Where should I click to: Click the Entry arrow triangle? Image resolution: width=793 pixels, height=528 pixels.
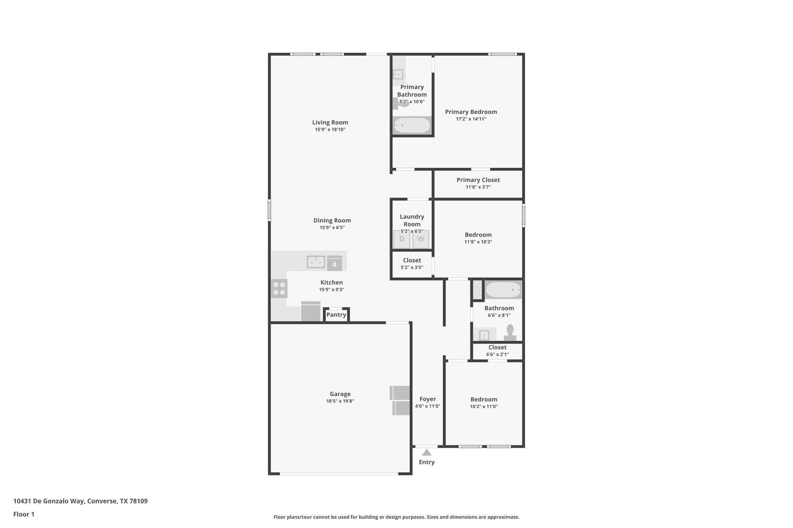click(426, 453)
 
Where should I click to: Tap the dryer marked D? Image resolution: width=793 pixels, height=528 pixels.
click(402, 239)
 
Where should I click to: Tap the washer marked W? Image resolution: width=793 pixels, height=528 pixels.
click(421, 239)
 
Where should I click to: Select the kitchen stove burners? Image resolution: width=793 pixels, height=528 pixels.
click(279, 289)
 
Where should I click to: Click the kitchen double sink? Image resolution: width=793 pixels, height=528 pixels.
click(316, 262)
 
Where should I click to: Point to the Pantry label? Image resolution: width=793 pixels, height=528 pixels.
click(336, 315)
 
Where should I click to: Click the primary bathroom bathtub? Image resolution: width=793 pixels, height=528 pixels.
click(412, 125)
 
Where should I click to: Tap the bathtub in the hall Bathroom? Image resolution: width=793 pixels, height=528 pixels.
click(503, 290)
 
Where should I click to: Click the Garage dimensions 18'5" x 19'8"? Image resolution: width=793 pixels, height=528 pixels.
click(340, 401)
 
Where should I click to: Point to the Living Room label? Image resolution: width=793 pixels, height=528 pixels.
click(330, 123)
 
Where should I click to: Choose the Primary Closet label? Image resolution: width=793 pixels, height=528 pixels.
click(478, 180)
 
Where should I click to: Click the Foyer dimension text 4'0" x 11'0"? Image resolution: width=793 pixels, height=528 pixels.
click(427, 406)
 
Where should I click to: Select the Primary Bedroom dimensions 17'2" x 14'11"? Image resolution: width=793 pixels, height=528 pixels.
click(471, 119)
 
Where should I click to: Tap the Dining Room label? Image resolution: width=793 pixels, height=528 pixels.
click(332, 220)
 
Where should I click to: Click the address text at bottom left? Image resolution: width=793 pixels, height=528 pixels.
click(81, 501)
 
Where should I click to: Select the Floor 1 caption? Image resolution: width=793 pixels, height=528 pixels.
click(24, 514)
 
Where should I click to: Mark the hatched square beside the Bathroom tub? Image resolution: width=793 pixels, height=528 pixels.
click(477, 289)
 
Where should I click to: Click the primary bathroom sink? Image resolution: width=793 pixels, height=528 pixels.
click(398, 74)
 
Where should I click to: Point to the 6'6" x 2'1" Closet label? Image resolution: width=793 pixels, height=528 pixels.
click(497, 347)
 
